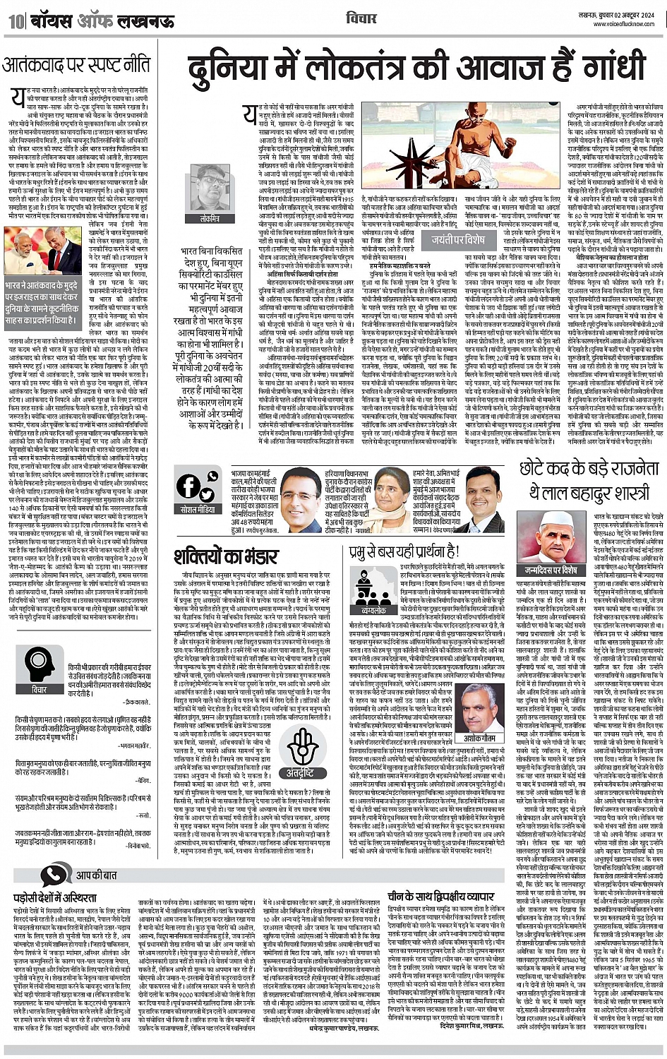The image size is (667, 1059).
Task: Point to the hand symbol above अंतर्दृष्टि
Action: click(x=295, y=741)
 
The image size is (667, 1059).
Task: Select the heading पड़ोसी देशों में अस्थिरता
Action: click(x=56, y=898)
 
